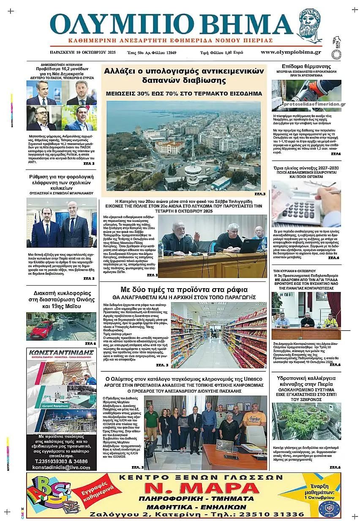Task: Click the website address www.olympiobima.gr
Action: coord(290,52)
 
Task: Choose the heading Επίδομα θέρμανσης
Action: coord(305,67)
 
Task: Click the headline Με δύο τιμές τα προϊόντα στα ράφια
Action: coord(184,290)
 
